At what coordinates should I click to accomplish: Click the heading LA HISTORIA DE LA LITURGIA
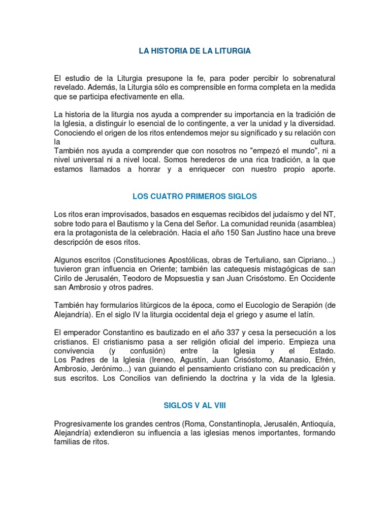[x=195, y=51]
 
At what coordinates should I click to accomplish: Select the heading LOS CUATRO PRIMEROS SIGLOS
[x=195, y=196]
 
